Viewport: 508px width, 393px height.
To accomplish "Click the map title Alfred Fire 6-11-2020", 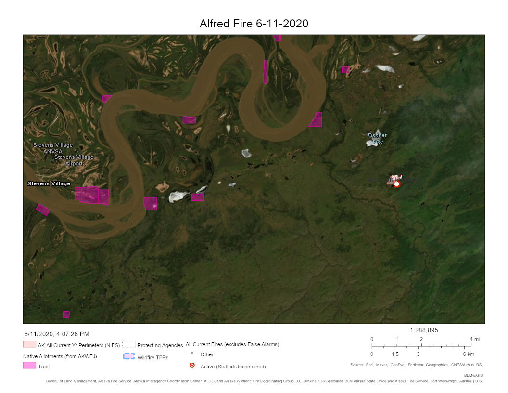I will (x=254, y=24).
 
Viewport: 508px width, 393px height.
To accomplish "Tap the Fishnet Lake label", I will (x=377, y=139).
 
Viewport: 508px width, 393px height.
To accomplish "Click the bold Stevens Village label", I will (x=49, y=183).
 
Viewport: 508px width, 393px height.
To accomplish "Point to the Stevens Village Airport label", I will (x=74, y=160).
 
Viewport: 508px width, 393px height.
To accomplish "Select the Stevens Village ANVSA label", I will (x=53, y=148).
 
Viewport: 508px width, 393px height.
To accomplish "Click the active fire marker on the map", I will (x=396, y=184).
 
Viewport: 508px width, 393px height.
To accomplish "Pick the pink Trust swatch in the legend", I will (x=29, y=366).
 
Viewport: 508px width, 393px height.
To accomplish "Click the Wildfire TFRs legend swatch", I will (x=128, y=356).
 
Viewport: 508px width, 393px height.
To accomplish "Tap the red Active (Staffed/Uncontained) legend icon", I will (x=192, y=366).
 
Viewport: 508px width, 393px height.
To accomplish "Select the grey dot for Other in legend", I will (x=192, y=354).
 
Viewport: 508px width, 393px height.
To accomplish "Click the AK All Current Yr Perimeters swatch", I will (x=29, y=344).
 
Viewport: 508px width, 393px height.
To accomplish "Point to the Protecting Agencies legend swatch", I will (x=128, y=344).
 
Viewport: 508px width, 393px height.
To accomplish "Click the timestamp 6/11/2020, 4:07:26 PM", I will (x=57, y=334).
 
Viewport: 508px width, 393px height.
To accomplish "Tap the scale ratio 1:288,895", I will (x=424, y=330).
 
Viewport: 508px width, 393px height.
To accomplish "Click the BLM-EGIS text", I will (x=473, y=374).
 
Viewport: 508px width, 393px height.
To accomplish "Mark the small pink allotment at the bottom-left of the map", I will (x=66, y=314).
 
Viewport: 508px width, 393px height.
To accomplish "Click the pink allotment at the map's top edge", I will (x=278, y=38).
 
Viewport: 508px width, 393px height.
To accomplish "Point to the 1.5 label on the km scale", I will (x=395, y=354).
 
